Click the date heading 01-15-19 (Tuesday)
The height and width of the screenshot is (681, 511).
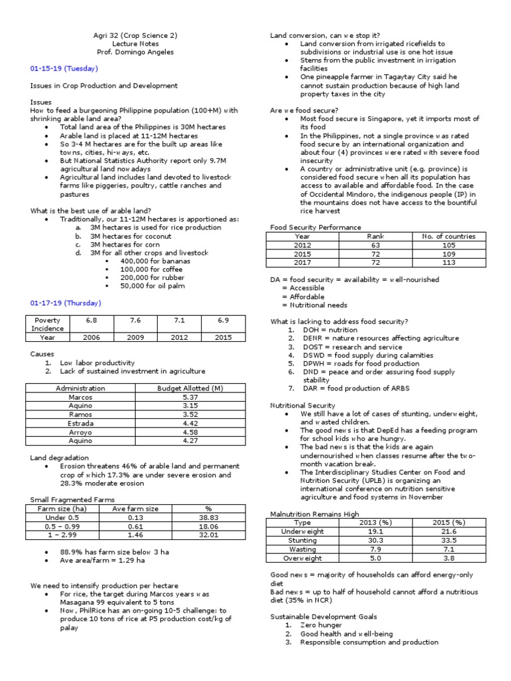[63, 68]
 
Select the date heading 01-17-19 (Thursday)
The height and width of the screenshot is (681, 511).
[65, 303]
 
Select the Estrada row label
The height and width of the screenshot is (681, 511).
[80, 423]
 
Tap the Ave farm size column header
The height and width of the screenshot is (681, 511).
[135, 508]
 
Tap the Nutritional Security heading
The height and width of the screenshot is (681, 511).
[302, 405]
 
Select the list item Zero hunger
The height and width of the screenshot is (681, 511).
[321, 625]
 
